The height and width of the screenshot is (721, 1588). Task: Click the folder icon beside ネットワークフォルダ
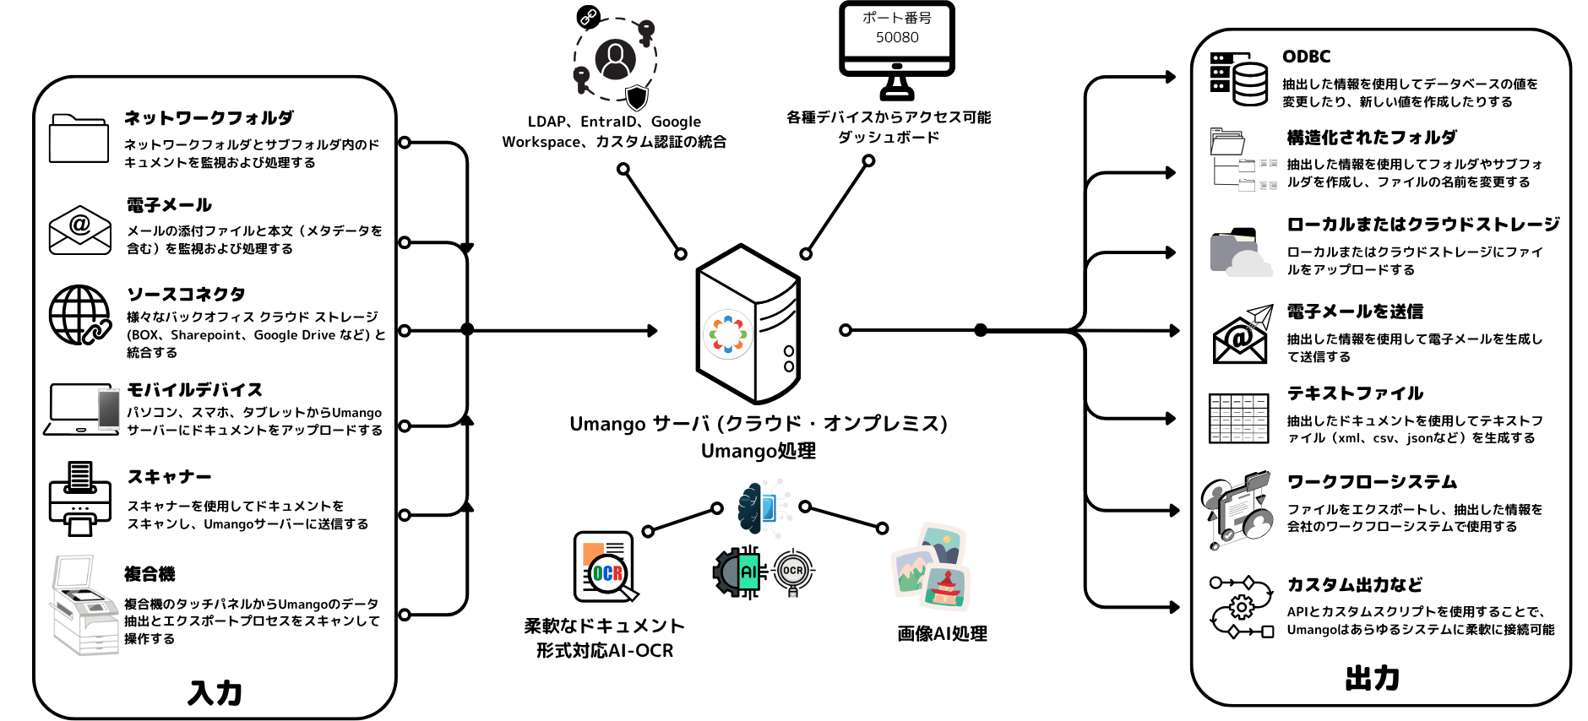(x=79, y=138)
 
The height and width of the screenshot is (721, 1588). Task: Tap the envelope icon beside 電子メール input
(x=79, y=230)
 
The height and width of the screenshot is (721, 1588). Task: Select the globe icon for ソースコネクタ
(x=79, y=315)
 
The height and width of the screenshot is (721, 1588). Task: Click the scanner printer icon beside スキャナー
(x=79, y=499)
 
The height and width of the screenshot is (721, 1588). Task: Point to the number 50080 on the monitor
(x=897, y=37)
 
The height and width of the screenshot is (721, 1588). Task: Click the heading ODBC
(x=1306, y=57)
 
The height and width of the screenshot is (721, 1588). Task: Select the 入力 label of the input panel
(x=215, y=692)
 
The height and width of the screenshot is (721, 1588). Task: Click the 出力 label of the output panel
(x=1372, y=678)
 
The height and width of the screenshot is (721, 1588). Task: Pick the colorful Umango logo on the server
(x=727, y=334)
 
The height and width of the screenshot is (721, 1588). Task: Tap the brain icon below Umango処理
(x=750, y=508)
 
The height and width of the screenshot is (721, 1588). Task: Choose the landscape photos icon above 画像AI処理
(x=932, y=566)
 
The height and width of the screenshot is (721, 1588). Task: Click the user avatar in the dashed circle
(x=615, y=60)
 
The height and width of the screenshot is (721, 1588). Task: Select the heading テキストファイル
(x=1355, y=393)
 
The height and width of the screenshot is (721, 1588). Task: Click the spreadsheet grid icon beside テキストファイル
(x=1238, y=418)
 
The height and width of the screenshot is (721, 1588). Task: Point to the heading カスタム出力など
(x=1354, y=584)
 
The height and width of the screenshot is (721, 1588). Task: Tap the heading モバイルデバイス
(x=194, y=390)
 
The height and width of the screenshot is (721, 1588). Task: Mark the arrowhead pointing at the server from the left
(x=652, y=331)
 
